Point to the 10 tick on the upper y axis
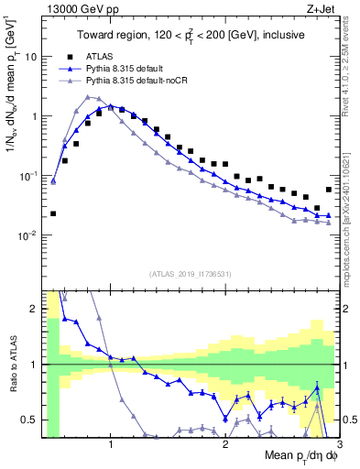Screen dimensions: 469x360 coord(31,57)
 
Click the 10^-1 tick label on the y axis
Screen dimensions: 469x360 coord(27,176)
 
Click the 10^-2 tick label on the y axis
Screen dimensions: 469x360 coord(27,235)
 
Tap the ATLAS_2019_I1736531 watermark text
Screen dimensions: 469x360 coord(190,274)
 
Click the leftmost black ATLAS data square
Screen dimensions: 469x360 coord(53,213)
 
